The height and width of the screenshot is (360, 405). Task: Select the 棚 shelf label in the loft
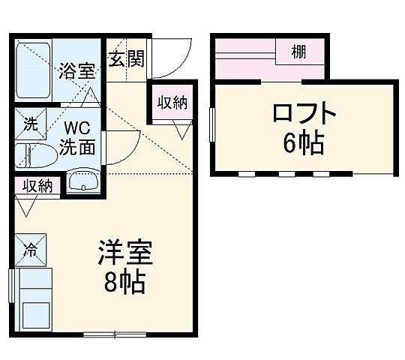point(300,54)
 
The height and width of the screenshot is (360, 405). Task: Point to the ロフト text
point(304,115)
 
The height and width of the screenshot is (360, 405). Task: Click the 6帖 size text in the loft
point(304,143)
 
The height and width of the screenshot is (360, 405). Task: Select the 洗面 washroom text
point(81,146)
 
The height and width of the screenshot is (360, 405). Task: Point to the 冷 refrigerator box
point(31,247)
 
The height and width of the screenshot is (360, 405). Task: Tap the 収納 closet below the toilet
point(36,185)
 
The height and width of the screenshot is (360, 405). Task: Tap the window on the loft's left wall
point(212,124)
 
